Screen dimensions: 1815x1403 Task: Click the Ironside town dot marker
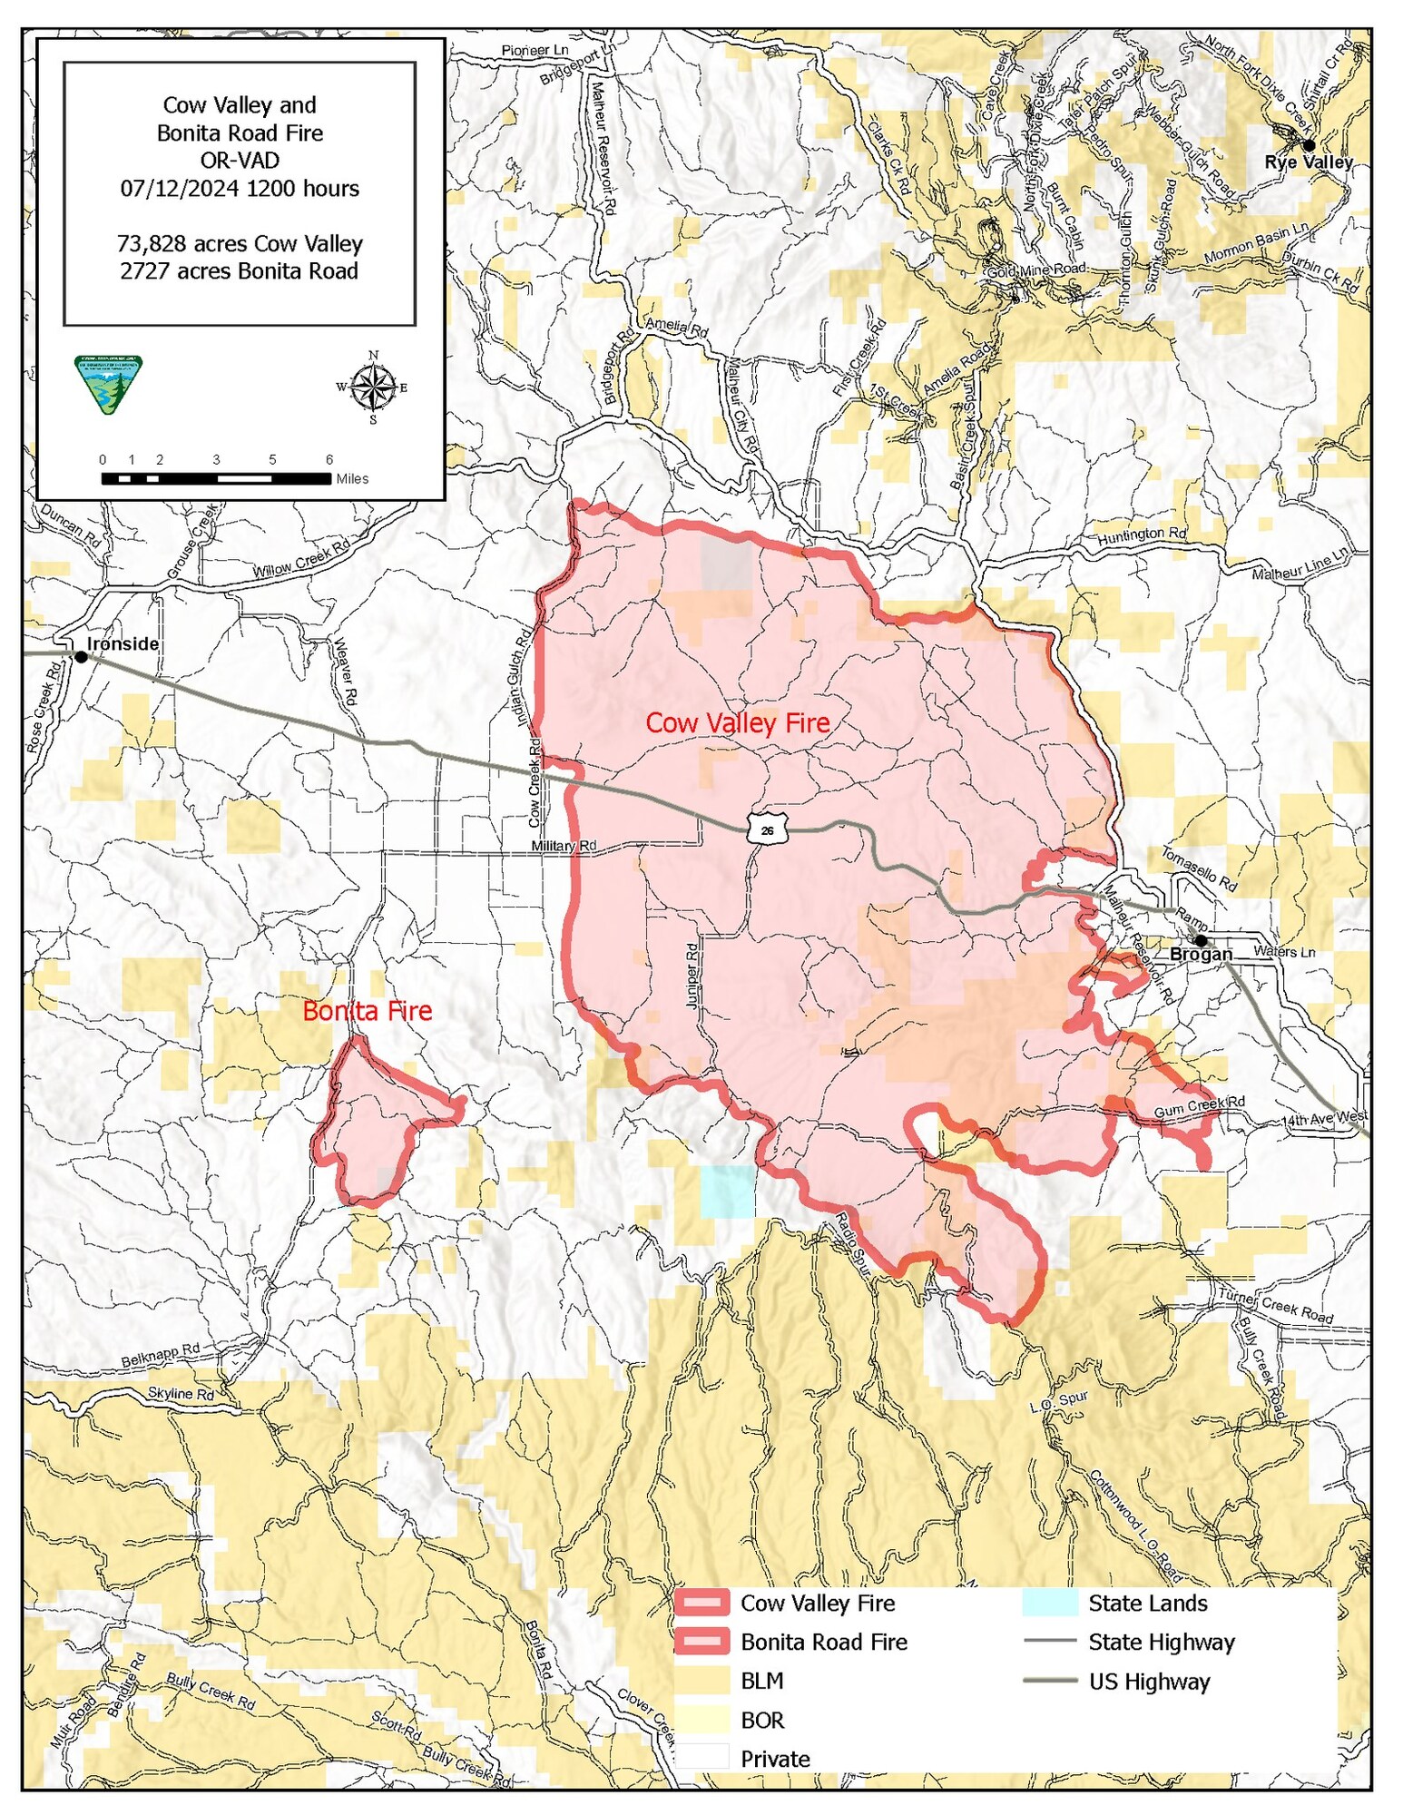pyautogui.click(x=81, y=656)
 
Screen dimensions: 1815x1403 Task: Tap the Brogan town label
pyautogui.click(x=1201, y=954)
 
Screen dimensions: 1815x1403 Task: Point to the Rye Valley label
pyautogui.click(x=1309, y=162)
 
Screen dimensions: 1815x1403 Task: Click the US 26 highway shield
pyautogui.click(x=767, y=829)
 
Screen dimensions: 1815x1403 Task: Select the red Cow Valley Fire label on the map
pyautogui.click(x=737, y=722)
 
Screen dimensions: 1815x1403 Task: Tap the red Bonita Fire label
pyautogui.click(x=367, y=1010)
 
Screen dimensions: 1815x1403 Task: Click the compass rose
pyautogui.click(x=372, y=388)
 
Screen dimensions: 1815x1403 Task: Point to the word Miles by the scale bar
pyautogui.click(x=352, y=478)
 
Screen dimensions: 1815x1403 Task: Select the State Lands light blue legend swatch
pyautogui.click(x=1049, y=1603)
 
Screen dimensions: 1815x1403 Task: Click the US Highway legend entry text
pyautogui.click(x=1149, y=1682)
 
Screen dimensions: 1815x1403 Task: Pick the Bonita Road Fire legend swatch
pyautogui.click(x=701, y=1642)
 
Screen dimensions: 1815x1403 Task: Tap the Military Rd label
pyautogui.click(x=564, y=845)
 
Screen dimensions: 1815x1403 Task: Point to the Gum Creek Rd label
pyautogui.click(x=1199, y=1106)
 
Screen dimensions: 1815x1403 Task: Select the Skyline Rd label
pyautogui.click(x=181, y=1393)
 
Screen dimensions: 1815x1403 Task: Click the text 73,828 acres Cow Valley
pyautogui.click(x=240, y=243)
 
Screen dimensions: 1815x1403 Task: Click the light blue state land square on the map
pyautogui.click(x=727, y=1191)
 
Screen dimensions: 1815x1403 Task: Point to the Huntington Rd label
pyautogui.click(x=1142, y=535)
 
